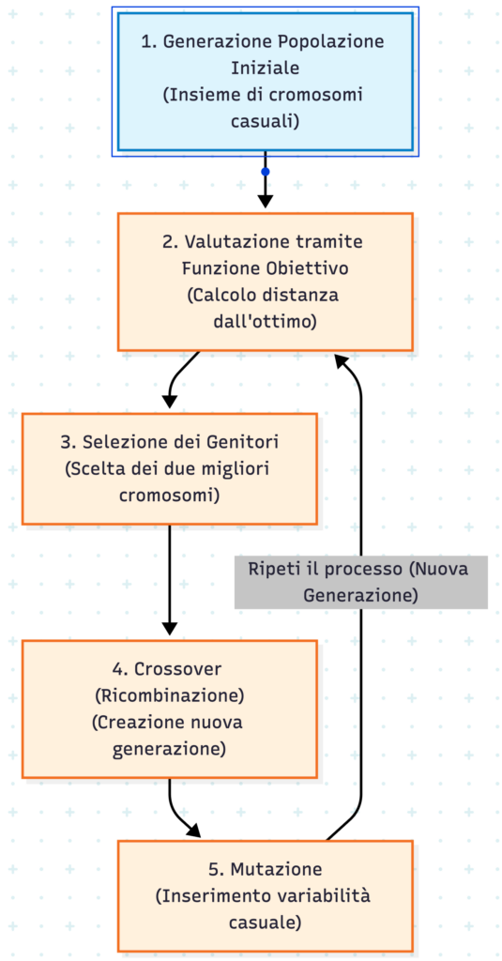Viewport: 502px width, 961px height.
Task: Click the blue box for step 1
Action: coord(265,82)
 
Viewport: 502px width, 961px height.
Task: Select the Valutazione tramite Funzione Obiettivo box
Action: coord(265,282)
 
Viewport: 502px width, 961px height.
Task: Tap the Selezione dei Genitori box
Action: coord(170,469)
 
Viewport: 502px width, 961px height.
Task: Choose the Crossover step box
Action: coord(170,709)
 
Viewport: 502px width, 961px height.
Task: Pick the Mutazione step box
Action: coord(265,895)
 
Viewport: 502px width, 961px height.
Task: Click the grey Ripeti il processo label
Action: coord(361,582)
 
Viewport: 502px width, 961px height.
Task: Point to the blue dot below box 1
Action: coord(265,172)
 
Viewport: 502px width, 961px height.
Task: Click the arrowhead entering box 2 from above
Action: coord(265,202)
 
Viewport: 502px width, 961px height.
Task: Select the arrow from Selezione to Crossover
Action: coord(170,580)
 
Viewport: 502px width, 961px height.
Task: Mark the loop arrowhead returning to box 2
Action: coord(342,360)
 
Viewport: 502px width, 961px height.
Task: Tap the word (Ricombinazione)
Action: coord(170,695)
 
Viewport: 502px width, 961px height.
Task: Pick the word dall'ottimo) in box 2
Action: coord(265,322)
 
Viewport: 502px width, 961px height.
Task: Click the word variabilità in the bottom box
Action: coord(330,895)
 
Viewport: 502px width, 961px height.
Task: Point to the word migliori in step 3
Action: coord(236,469)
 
